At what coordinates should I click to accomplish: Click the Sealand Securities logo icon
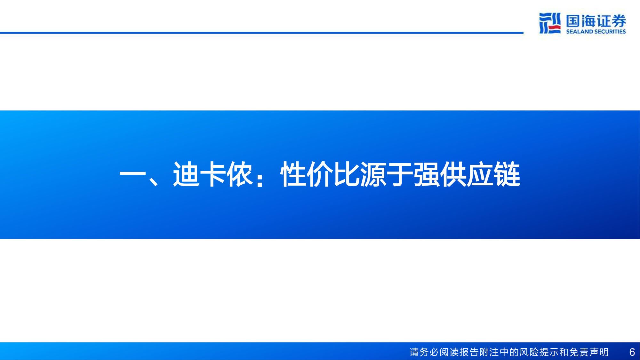pyautogui.click(x=550, y=23)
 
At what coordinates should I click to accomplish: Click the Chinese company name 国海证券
pyautogui.click(x=596, y=21)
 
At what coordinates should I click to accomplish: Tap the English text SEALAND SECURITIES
pyautogui.click(x=596, y=31)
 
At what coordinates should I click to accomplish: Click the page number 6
pyautogui.click(x=632, y=352)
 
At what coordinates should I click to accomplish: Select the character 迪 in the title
pyautogui.click(x=186, y=174)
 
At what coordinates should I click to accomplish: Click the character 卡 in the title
pyautogui.click(x=213, y=174)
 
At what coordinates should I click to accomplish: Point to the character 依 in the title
pyautogui.click(x=240, y=174)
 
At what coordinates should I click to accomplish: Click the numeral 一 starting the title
pyautogui.click(x=132, y=175)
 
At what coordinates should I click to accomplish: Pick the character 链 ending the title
pyautogui.click(x=507, y=174)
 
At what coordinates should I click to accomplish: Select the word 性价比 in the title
pyautogui.click(x=320, y=174)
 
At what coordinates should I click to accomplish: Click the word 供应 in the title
pyautogui.click(x=467, y=174)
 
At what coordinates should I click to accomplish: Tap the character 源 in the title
pyautogui.click(x=373, y=174)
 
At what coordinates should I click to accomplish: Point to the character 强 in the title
pyautogui.click(x=427, y=174)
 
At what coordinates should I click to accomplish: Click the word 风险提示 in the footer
pyautogui.click(x=540, y=352)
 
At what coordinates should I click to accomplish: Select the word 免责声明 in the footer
pyautogui.click(x=589, y=352)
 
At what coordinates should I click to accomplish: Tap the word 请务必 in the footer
pyautogui.click(x=424, y=352)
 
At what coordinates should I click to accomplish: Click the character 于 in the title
pyautogui.click(x=400, y=174)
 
